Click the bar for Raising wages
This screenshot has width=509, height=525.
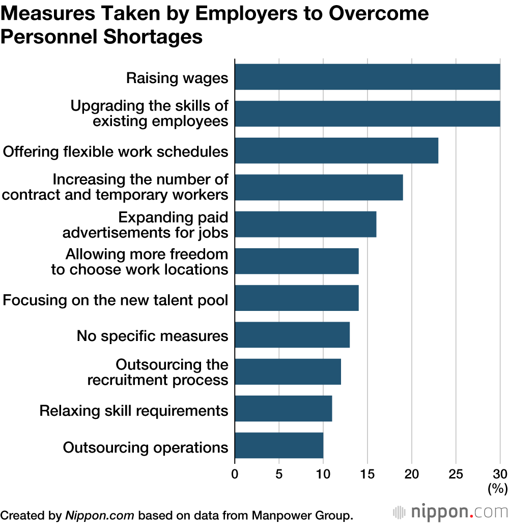(x=367, y=77)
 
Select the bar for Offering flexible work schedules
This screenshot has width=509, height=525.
(x=336, y=151)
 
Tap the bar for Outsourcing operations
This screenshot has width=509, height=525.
(x=279, y=445)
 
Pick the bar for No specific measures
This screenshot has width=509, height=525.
(x=292, y=335)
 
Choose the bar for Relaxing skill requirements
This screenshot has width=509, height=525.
(x=284, y=409)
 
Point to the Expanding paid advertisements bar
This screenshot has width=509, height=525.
(x=305, y=224)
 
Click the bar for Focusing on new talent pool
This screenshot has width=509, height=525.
(x=297, y=298)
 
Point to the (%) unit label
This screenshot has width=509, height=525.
(x=497, y=489)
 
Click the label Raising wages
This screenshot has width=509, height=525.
(x=177, y=78)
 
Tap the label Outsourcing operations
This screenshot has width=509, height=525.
(x=146, y=447)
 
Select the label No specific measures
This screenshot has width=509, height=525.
(x=152, y=336)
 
